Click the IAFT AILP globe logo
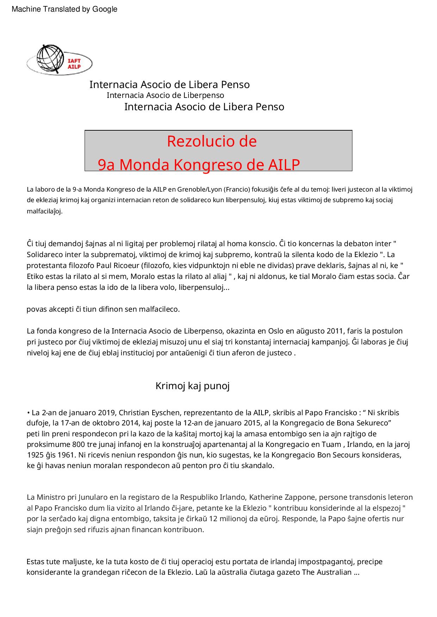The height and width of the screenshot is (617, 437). coord(59,60)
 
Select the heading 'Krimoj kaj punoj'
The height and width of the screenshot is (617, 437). coord(192,386)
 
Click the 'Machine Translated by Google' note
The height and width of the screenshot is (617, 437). coord(64,10)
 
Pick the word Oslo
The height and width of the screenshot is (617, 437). coord(276,331)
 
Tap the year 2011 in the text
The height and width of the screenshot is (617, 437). coord(335,331)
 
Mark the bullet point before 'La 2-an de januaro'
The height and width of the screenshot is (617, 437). coord(28,413)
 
